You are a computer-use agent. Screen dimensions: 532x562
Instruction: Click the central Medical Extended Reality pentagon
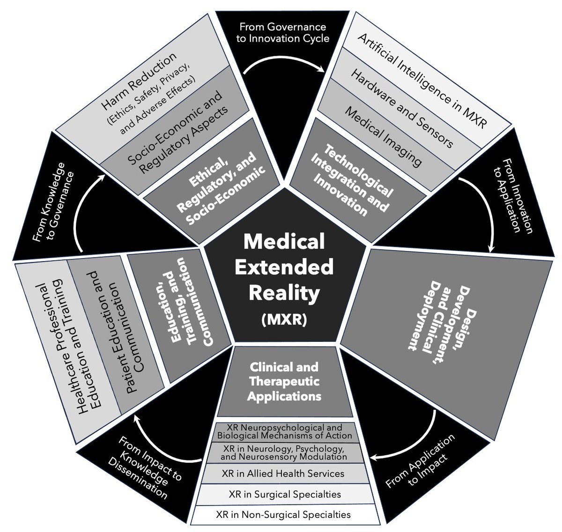[x=284, y=267]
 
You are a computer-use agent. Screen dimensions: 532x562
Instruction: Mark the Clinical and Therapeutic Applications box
[x=284, y=382]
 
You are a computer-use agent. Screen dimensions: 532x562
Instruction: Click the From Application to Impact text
[x=420, y=462]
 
